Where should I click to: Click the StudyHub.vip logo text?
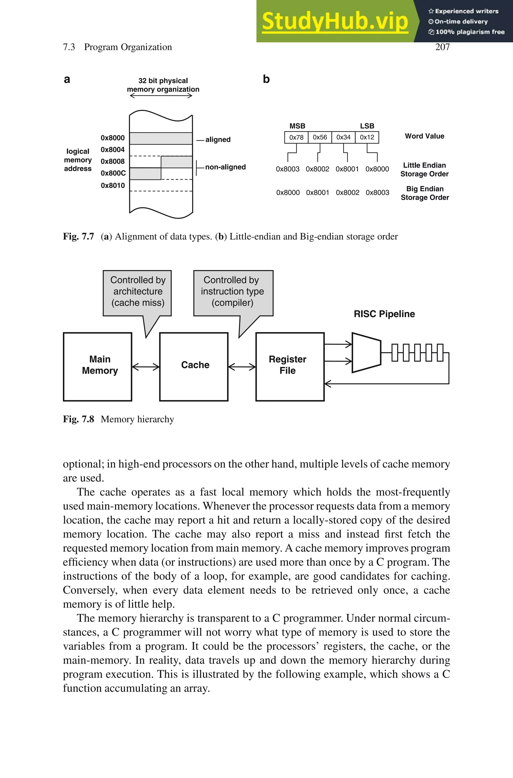(x=335, y=22)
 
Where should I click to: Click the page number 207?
(x=442, y=47)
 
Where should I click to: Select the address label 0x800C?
(x=113, y=173)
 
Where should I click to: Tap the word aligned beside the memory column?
(x=218, y=140)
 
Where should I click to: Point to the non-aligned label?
(x=225, y=167)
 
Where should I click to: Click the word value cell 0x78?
(x=296, y=137)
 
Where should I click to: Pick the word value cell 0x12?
(x=367, y=137)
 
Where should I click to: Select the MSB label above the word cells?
(x=297, y=126)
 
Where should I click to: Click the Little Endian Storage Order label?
(x=424, y=169)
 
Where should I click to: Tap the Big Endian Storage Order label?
(x=425, y=193)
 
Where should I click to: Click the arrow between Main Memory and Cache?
(x=146, y=367)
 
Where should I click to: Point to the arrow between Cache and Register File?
(x=242, y=367)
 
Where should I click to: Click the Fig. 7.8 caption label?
(x=78, y=419)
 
